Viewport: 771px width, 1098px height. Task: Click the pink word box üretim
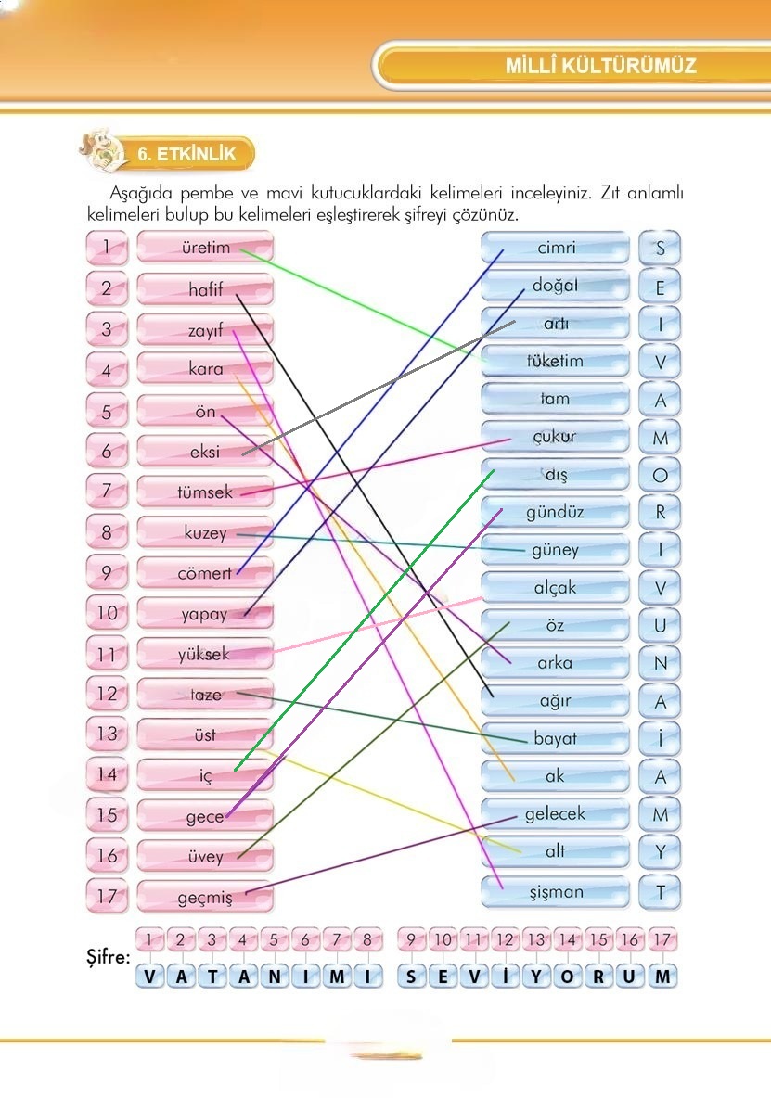click(205, 248)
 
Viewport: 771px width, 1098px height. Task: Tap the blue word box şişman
click(555, 892)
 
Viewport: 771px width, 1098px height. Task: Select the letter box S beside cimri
click(660, 248)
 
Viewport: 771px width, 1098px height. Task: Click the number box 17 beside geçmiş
click(108, 897)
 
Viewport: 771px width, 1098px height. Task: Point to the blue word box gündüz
click(555, 511)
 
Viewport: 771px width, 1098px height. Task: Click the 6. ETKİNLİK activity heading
click(186, 154)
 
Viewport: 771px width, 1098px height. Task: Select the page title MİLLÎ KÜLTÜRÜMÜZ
click(600, 67)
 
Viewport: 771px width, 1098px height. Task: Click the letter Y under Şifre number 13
click(537, 977)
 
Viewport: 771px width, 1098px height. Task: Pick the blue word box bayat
click(555, 739)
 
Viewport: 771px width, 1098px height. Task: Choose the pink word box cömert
click(205, 573)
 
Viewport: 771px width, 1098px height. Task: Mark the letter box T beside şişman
click(660, 892)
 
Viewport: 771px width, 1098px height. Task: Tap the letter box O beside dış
click(660, 475)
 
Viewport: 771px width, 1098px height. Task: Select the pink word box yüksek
click(205, 654)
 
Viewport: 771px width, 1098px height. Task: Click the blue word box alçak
click(555, 587)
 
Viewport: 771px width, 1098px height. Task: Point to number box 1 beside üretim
click(108, 248)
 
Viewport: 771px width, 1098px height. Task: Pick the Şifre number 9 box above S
click(412, 939)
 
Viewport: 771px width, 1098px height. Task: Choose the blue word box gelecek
click(555, 814)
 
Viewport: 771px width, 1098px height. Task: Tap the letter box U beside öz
click(660, 625)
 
